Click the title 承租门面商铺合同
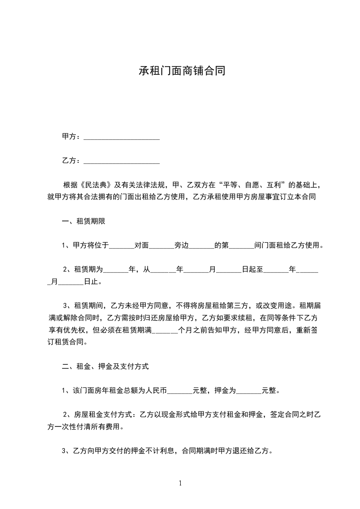(180, 71)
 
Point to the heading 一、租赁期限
(84, 221)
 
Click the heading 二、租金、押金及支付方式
(105, 366)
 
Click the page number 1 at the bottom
(180, 483)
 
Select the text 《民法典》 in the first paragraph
(95, 185)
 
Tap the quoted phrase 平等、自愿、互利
(252, 185)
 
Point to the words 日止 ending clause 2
(91, 282)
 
